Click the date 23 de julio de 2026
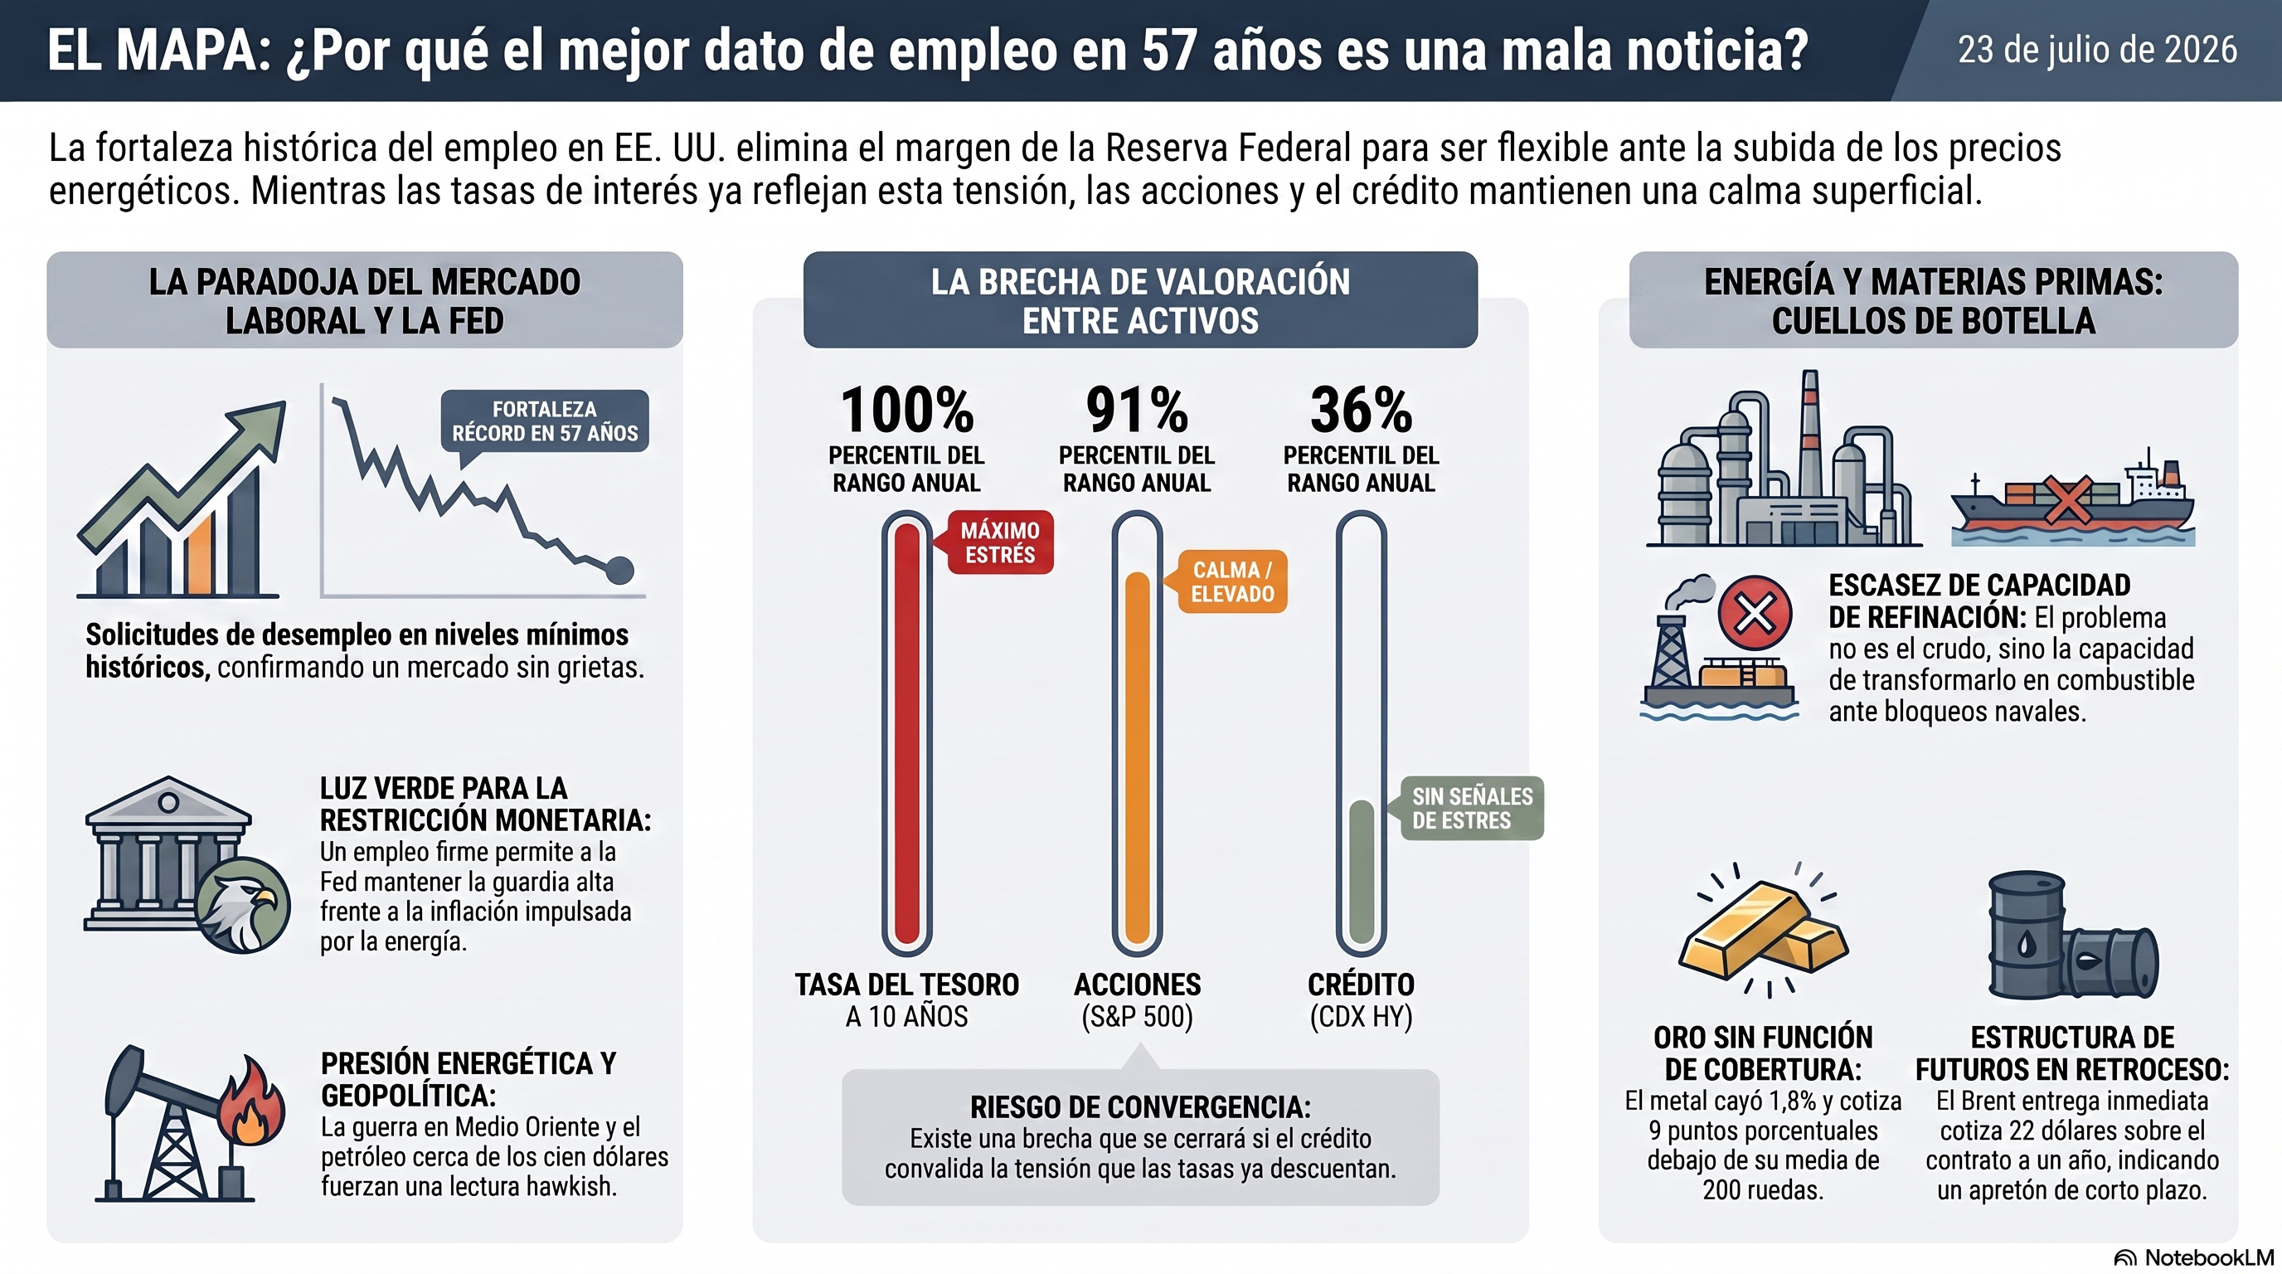tap(2097, 51)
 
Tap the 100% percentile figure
tap(907, 409)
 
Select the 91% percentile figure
tap(1137, 409)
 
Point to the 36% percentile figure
tap(1361, 409)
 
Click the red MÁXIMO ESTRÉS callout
tap(999, 542)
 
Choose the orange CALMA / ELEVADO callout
tap(1231, 582)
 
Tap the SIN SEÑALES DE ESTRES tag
tap(1471, 808)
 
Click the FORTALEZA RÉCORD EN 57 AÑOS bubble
tap(545, 421)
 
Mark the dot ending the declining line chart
tap(619, 570)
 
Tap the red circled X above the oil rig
tap(1755, 613)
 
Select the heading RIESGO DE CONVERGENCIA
tap(1140, 1107)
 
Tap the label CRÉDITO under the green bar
tap(1361, 985)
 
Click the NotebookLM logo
tap(2193, 1257)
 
